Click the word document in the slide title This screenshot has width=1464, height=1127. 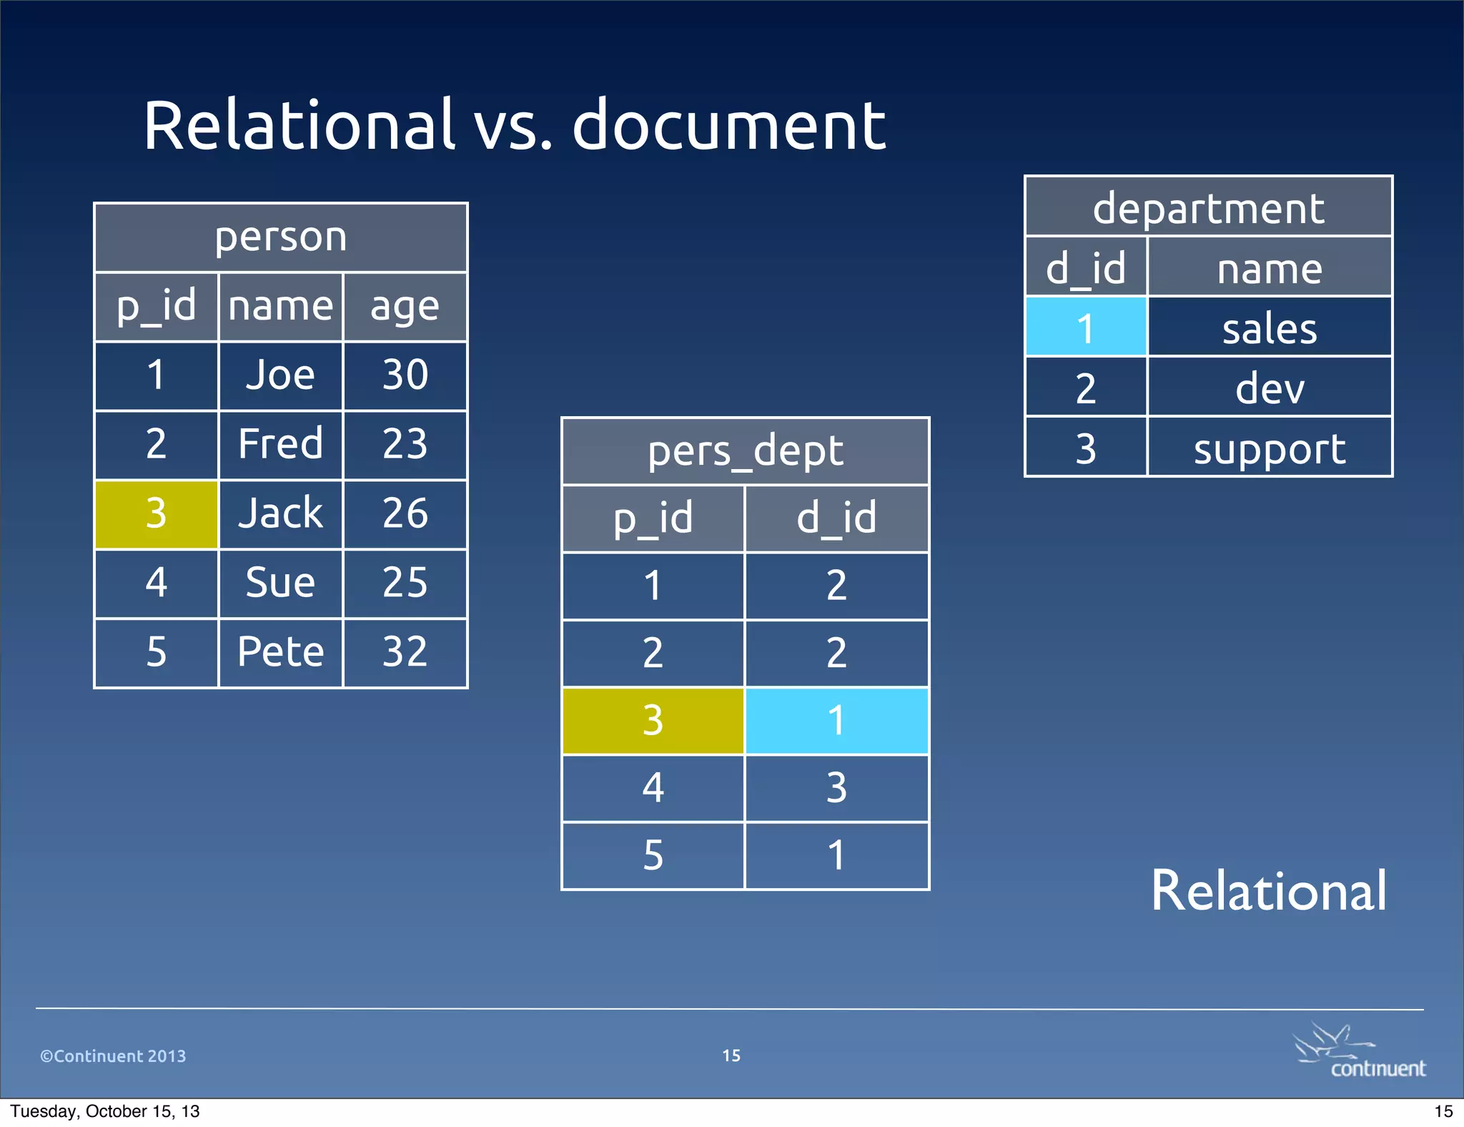[x=729, y=126]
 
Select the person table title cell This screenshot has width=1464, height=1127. [x=281, y=237]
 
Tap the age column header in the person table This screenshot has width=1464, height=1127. [x=405, y=307]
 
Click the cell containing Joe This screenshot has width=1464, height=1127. [x=280, y=375]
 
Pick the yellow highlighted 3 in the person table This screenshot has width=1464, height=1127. [x=157, y=513]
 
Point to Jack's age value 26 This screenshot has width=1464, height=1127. [x=405, y=513]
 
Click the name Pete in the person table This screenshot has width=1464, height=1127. [x=280, y=652]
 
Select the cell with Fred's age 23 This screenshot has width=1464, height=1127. [x=405, y=444]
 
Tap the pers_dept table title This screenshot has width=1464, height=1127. [x=745, y=451]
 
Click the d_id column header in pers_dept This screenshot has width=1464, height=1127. [x=836, y=518]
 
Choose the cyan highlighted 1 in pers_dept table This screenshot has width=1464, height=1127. [x=836, y=721]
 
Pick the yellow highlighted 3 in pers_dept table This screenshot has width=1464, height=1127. [x=653, y=721]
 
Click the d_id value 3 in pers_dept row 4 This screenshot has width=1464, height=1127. [x=836, y=788]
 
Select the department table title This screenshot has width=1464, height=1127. [x=1208, y=208]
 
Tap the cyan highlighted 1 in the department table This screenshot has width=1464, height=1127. [x=1086, y=328]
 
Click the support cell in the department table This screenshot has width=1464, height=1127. [x=1270, y=448]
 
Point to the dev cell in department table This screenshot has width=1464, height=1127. [x=1270, y=388]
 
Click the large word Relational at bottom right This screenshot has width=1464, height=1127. [x=1269, y=891]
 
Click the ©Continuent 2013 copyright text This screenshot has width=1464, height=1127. [x=113, y=1056]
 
